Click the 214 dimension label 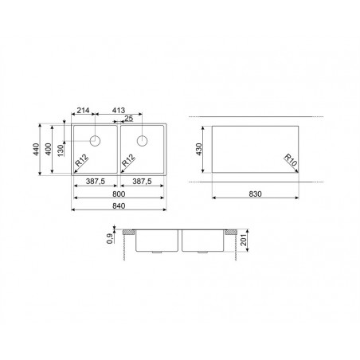pos(83,110)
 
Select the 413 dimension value pos(118,110)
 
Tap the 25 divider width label pos(129,119)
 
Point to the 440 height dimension pos(36,149)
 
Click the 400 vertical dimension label pos(49,149)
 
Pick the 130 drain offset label pos(61,151)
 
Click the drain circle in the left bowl pos(95,141)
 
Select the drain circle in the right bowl pos(142,141)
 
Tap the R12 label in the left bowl pos(81,160)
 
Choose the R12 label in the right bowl pos(128,160)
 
